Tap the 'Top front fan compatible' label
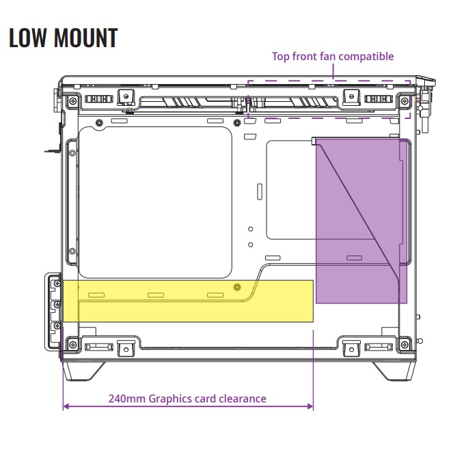333,56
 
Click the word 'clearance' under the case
240,398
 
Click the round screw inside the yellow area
237,287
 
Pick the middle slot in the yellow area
156,295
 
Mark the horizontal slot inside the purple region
354,258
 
